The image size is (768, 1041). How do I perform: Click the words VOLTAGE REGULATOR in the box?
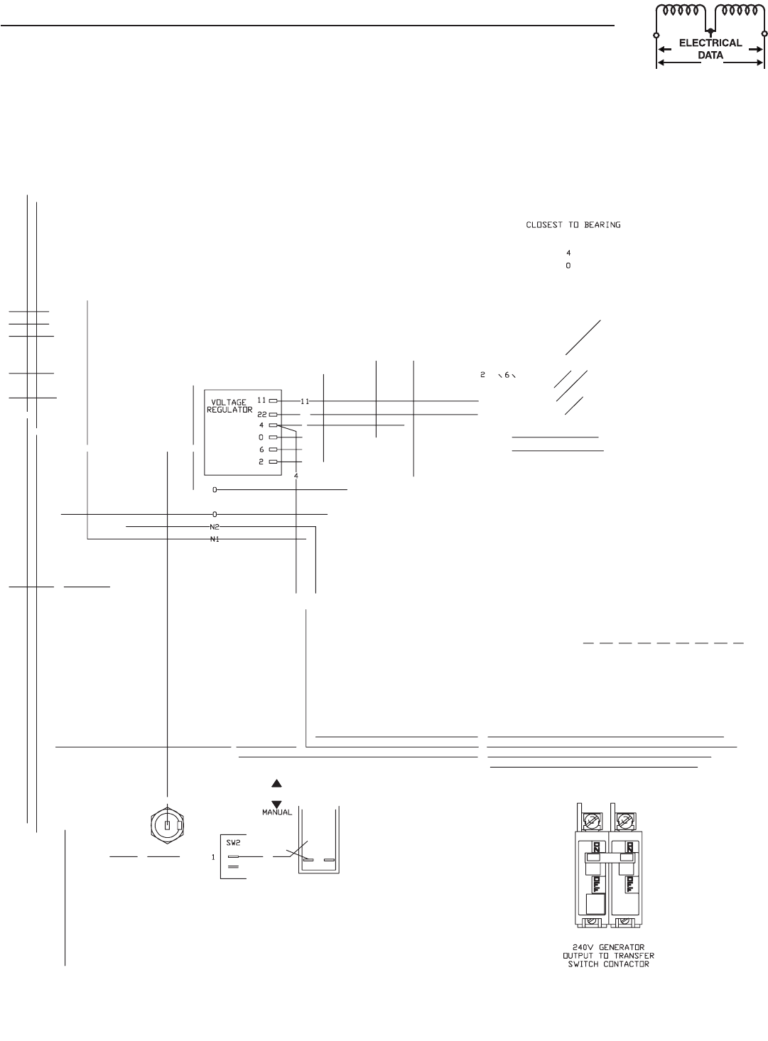(x=229, y=406)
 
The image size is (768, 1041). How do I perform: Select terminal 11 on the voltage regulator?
(x=273, y=400)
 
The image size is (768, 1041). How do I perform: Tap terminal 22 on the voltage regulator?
(x=273, y=413)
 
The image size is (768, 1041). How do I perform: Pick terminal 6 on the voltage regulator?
(x=273, y=449)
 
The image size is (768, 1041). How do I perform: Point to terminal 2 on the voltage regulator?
(x=273, y=462)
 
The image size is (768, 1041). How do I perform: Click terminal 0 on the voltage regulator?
(x=273, y=437)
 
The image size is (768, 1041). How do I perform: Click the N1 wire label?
(x=214, y=540)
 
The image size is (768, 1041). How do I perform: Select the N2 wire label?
(x=214, y=527)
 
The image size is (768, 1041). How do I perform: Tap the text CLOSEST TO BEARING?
(x=573, y=225)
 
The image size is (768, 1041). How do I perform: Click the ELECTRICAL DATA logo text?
(x=710, y=48)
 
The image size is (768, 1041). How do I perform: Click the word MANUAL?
(x=276, y=812)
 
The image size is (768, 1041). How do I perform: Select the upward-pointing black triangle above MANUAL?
(x=276, y=783)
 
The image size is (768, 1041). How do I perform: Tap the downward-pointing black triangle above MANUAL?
(x=276, y=803)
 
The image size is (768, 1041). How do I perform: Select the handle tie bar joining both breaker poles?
(x=607, y=858)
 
